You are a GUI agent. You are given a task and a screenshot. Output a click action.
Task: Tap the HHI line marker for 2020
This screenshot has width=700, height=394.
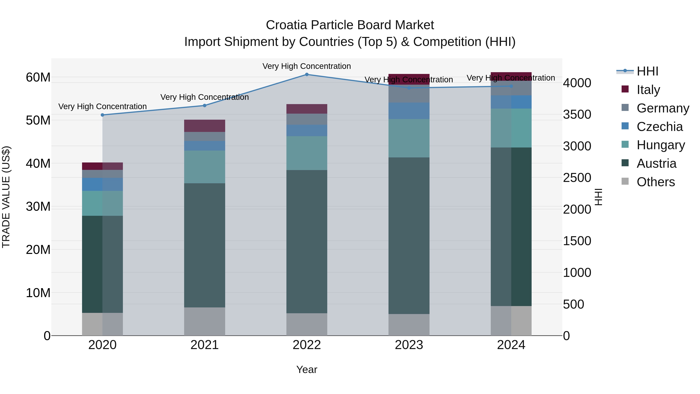click(x=102, y=115)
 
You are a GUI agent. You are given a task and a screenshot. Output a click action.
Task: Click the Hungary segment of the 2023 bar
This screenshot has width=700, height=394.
click(x=409, y=138)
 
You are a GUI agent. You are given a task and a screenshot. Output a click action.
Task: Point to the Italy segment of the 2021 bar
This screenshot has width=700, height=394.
click(x=205, y=126)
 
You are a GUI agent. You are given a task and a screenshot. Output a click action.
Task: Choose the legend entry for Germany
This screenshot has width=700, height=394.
click(x=662, y=108)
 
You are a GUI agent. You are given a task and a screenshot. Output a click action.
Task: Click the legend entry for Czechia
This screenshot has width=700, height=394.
click(x=659, y=127)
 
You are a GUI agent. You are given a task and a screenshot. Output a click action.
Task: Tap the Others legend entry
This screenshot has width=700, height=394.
click(x=655, y=182)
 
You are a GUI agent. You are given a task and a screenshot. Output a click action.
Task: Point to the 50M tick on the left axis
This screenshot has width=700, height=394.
click(x=38, y=120)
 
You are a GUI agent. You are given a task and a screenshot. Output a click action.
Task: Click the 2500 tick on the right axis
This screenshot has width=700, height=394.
click(x=577, y=178)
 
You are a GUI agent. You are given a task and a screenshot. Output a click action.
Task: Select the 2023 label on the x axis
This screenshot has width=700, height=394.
click(x=409, y=345)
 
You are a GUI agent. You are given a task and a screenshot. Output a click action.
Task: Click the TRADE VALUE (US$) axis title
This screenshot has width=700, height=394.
click(x=6, y=197)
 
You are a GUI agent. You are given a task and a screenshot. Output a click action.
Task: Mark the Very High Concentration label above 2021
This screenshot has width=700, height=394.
click(x=205, y=97)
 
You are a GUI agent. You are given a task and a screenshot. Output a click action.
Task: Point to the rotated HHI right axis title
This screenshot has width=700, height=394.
click(x=598, y=197)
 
